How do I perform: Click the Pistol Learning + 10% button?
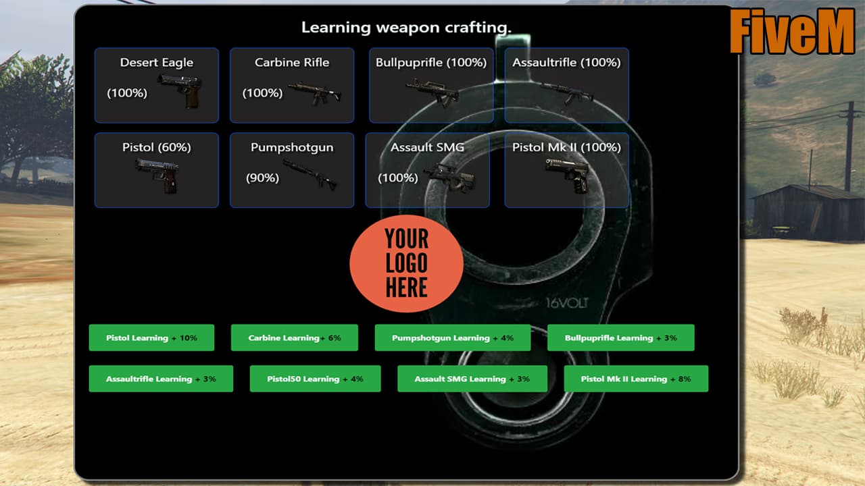(x=151, y=337)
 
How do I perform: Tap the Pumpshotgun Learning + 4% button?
(x=452, y=337)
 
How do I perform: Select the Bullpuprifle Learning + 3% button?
(x=620, y=337)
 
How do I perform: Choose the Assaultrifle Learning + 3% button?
(x=161, y=379)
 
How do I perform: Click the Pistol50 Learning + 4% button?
(x=315, y=379)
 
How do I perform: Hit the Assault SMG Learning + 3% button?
(x=472, y=379)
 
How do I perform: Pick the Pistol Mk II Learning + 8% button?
(x=636, y=379)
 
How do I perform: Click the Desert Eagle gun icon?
(x=179, y=90)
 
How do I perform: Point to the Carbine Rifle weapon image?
(x=314, y=92)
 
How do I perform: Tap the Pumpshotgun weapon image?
(x=310, y=175)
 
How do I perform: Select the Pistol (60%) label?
(x=157, y=147)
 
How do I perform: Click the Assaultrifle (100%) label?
(x=566, y=63)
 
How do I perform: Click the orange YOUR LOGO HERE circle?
(x=406, y=263)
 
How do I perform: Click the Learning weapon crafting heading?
(x=406, y=28)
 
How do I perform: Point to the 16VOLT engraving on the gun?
(x=567, y=303)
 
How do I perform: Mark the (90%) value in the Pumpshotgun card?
(x=262, y=178)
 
